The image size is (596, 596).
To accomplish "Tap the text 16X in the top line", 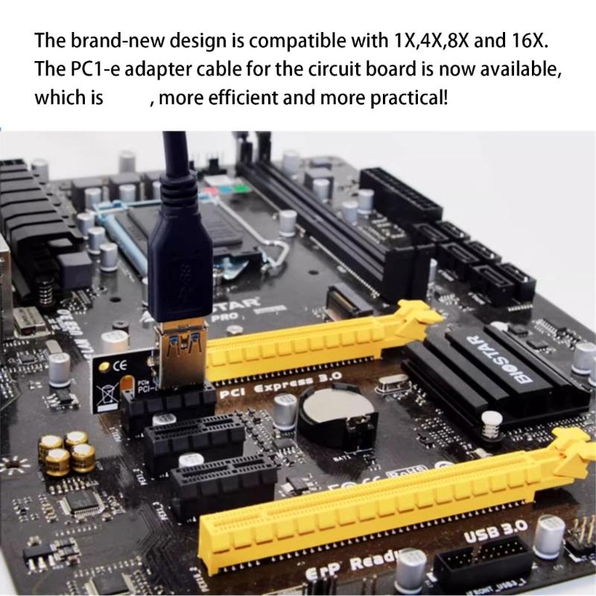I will [x=536, y=39].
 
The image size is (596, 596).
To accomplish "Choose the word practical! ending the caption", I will [x=408, y=98].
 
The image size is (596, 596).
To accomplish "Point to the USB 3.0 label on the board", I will [x=495, y=532].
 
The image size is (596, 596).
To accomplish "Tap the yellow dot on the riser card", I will [x=109, y=366].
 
